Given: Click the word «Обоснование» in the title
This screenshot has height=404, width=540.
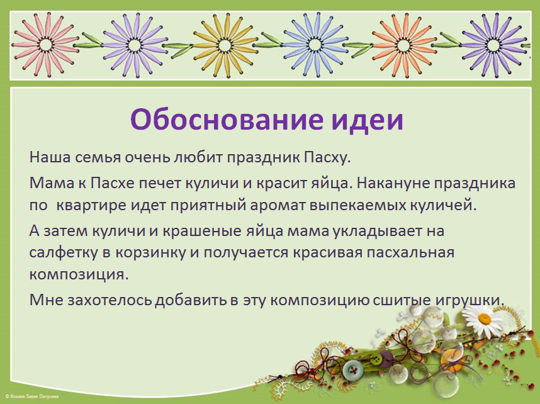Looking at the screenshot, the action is click(227, 119).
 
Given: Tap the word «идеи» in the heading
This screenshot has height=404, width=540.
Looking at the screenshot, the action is click(368, 120).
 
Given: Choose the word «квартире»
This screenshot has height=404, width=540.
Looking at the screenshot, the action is click(91, 205).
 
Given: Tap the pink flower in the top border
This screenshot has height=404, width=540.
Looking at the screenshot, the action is click(45, 45).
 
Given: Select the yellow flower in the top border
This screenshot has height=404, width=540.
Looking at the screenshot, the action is click(225, 45).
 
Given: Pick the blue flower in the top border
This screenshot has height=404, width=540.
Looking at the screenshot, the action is click(315, 45).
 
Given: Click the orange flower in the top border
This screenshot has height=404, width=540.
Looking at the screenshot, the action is click(403, 45).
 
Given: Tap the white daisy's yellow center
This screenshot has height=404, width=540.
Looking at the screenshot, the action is click(485, 319).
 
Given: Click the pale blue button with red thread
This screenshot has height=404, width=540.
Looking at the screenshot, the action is click(352, 370).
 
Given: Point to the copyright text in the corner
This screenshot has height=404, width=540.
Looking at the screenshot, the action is click(32, 397).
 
